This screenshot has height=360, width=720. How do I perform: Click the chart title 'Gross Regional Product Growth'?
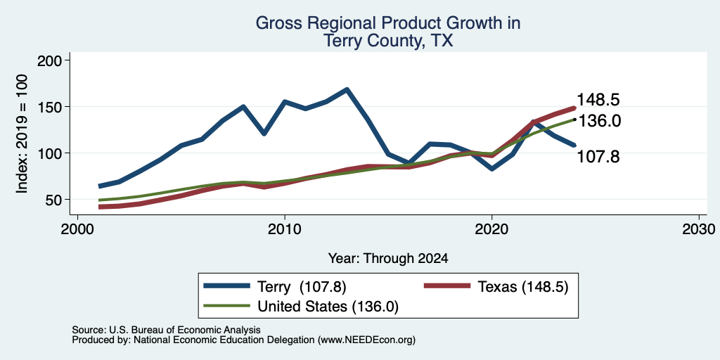387,23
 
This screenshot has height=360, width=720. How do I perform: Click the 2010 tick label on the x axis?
285,229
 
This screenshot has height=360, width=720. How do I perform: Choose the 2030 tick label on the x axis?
699,229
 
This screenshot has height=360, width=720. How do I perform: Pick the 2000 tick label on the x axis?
77,229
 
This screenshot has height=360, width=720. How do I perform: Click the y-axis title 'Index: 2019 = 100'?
22,134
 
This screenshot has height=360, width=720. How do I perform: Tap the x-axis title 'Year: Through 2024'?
387,259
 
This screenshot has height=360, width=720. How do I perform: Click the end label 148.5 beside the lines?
598,100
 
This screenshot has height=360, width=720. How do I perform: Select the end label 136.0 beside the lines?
598,121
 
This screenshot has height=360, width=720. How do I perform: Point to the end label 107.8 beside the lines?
598,157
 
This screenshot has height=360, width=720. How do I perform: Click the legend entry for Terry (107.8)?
275,287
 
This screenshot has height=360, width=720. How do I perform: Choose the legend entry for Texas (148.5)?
496,287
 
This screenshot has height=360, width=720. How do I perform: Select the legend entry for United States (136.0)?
301,307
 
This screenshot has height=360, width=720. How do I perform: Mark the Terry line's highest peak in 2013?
347,89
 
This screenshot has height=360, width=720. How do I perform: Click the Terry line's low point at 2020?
491,169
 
